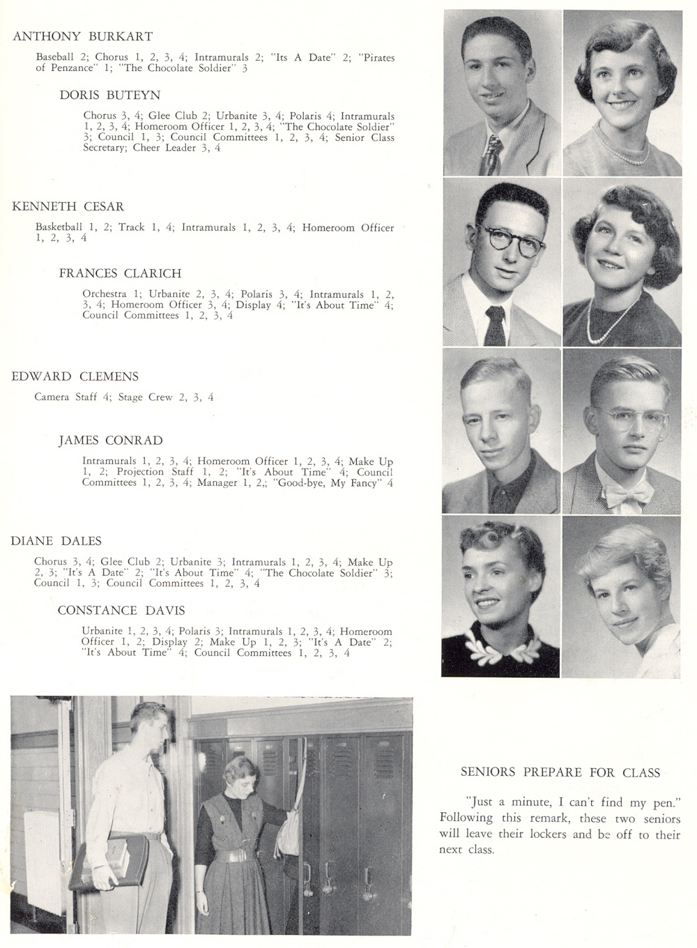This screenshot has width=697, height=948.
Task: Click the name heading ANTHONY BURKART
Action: pyautogui.click(x=82, y=36)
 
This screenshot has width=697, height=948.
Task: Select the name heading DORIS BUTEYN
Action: pyautogui.click(x=110, y=95)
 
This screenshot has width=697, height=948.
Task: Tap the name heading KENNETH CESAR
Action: pyautogui.click(x=68, y=206)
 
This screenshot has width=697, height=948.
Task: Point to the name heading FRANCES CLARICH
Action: pyautogui.click(x=120, y=273)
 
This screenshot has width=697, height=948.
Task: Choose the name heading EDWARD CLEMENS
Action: pyautogui.click(x=75, y=376)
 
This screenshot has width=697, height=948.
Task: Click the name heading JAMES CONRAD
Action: pyautogui.click(x=110, y=441)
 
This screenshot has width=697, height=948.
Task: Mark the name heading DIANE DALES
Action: pyautogui.click(x=56, y=541)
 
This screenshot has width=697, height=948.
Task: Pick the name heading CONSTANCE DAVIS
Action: pyautogui.click(x=121, y=611)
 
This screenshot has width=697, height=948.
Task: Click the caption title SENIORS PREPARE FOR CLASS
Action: pyautogui.click(x=560, y=772)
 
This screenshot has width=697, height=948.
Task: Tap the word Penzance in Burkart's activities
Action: pyautogui.click(x=75, y=68)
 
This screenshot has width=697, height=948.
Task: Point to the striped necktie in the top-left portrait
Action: pyautogui.click(x=492, y=155)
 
